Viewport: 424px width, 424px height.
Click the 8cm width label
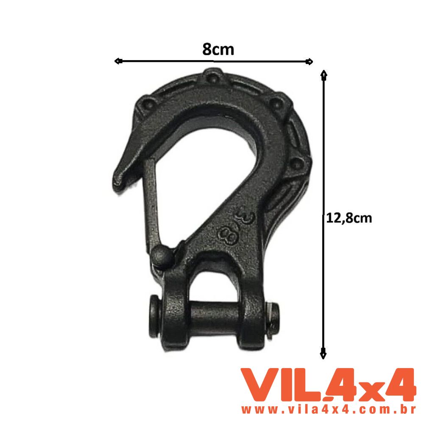pyautogui.click(x=218, y=50)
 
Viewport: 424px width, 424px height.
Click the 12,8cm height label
pyautogui.click(x=349, y=218)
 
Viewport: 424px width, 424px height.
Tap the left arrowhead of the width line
pyautogui.click(x=118, y=61)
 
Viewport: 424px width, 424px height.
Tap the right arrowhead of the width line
pyautogui.click(x=310, y=62)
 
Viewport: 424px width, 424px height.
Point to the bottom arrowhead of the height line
pyautogui.click(x=323, y=354)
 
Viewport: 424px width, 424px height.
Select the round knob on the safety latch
pyautogui.click(x=161, y=256)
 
